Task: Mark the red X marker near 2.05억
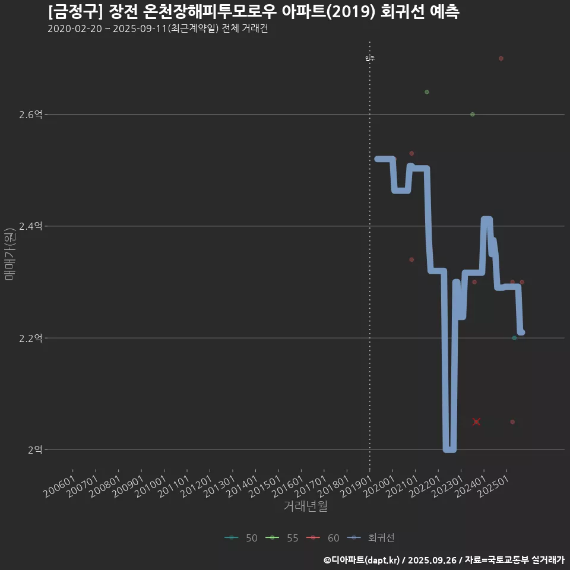tap(476, 422)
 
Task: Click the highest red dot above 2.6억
tap(501, 58)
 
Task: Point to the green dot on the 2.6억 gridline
tap(472, 114)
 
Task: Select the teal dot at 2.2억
tap(514, 338)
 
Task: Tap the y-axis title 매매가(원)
tap(10, 254)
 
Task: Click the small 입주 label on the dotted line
tap(370, 58)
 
